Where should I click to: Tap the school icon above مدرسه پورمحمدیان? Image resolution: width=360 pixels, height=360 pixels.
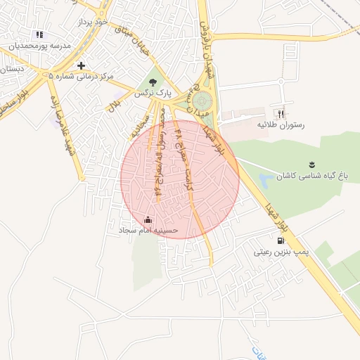coord(39,34)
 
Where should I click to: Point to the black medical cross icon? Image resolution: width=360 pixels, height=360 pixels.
coord(82,65)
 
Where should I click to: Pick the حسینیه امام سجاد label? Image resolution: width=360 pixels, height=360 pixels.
coord(148,230)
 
